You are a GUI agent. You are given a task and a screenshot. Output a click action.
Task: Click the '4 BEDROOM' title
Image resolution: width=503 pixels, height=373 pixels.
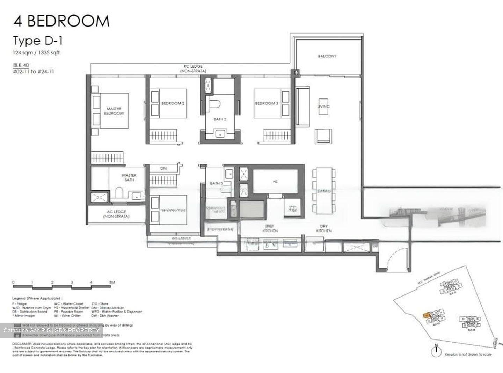pos(61,21)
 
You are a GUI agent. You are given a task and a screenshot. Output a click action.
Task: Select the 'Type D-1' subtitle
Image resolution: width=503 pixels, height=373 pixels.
pos(38,41)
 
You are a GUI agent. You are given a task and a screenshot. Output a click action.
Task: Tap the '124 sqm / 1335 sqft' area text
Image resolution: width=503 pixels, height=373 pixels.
pos(36,53)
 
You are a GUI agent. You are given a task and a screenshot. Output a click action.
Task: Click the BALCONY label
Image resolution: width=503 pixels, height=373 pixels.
pos(327,56)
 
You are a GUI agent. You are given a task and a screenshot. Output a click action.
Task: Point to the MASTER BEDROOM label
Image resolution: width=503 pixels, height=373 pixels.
pos(114,111)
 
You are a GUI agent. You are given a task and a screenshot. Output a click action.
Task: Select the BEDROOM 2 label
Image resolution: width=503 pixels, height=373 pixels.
pos(173,103)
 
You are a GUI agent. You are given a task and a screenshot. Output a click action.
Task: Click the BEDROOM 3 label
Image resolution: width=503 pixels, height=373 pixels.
pos(267,103)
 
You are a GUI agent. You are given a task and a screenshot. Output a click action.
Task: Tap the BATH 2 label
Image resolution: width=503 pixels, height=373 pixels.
pos(220,119)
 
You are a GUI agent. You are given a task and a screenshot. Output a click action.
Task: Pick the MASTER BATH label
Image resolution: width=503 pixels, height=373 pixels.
pos(129,177)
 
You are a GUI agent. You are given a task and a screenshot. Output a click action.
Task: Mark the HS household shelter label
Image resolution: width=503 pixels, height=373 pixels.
pos(275,182)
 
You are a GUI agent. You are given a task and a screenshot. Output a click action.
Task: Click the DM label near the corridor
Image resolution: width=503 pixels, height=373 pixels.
pos(163,168)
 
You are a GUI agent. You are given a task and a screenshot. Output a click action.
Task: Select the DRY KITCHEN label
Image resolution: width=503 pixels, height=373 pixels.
pos(324,229)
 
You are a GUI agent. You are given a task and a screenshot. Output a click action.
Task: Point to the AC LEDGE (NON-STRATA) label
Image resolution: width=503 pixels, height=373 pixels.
pos(116,214)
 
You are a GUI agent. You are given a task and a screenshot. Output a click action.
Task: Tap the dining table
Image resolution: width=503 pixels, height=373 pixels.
pos(324,191)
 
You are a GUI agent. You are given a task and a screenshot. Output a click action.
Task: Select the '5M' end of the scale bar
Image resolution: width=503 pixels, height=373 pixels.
pos(111,282)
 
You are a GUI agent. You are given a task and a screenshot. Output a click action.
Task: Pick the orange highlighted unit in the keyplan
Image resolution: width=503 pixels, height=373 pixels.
pos(427,315)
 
